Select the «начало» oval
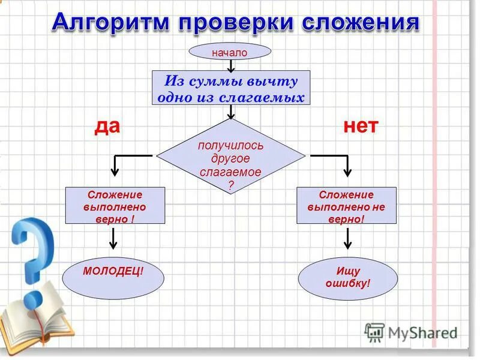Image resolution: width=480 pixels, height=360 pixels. pyautogui.click(x=229, y=52)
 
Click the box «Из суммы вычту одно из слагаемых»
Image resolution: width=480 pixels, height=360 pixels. pyautogui.click(x=231, y=88)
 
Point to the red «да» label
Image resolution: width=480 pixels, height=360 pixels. pyautogui.click(x=107, y=126)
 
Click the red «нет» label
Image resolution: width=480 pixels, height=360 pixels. pyautogui.click(x=361, y=126)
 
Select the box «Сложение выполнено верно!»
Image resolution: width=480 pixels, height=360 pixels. pyautogui.click(x=115, y=206)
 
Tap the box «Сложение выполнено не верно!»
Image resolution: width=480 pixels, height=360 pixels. pyautogui.click(x=347, y=206)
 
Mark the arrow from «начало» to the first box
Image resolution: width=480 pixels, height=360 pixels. pyautogui.click(x=231, y=65)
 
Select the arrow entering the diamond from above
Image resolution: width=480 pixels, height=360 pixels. pyautogui.click(x=231, y=112)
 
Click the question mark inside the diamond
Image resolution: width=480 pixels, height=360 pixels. pyautogui.click(x=231, y=185)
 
